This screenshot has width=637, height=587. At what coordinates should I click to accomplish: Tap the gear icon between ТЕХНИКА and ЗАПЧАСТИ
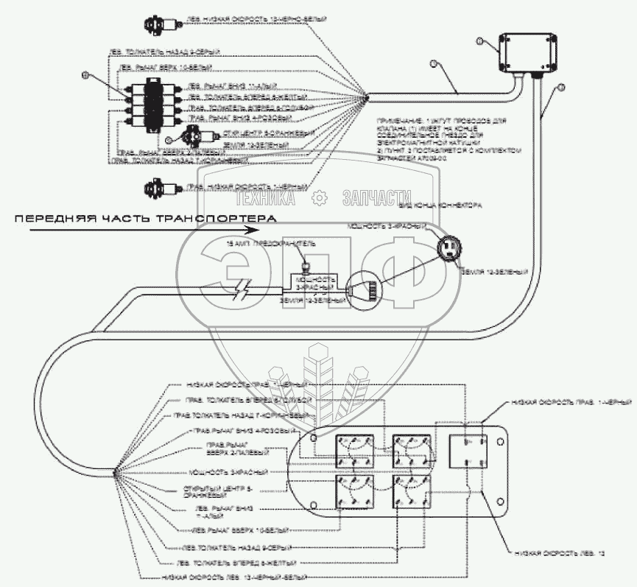[319, 197]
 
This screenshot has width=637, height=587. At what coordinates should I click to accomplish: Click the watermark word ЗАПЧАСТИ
[376, 197]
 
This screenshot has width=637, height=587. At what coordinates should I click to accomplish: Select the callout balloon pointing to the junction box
[479, 40]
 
